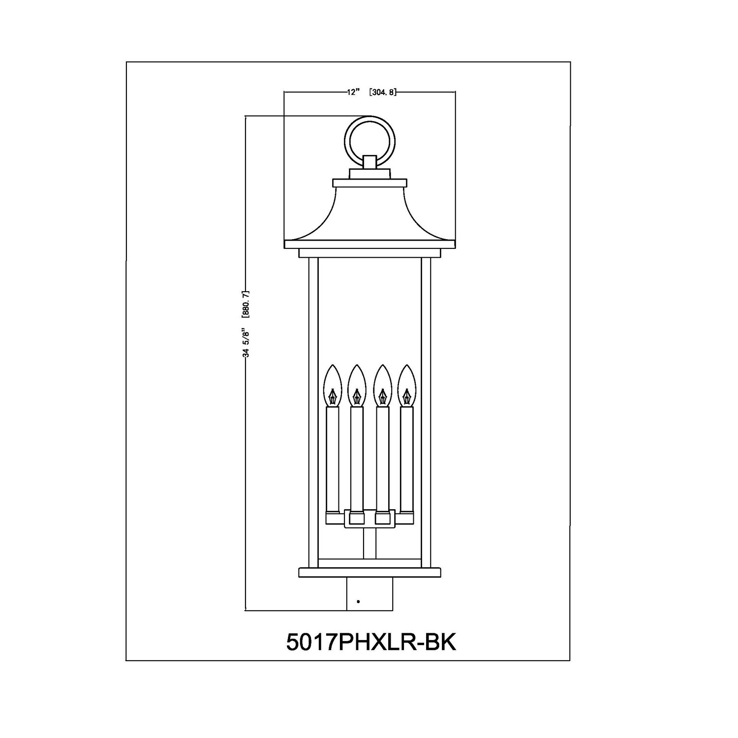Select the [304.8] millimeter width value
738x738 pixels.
[x=382, y=92]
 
